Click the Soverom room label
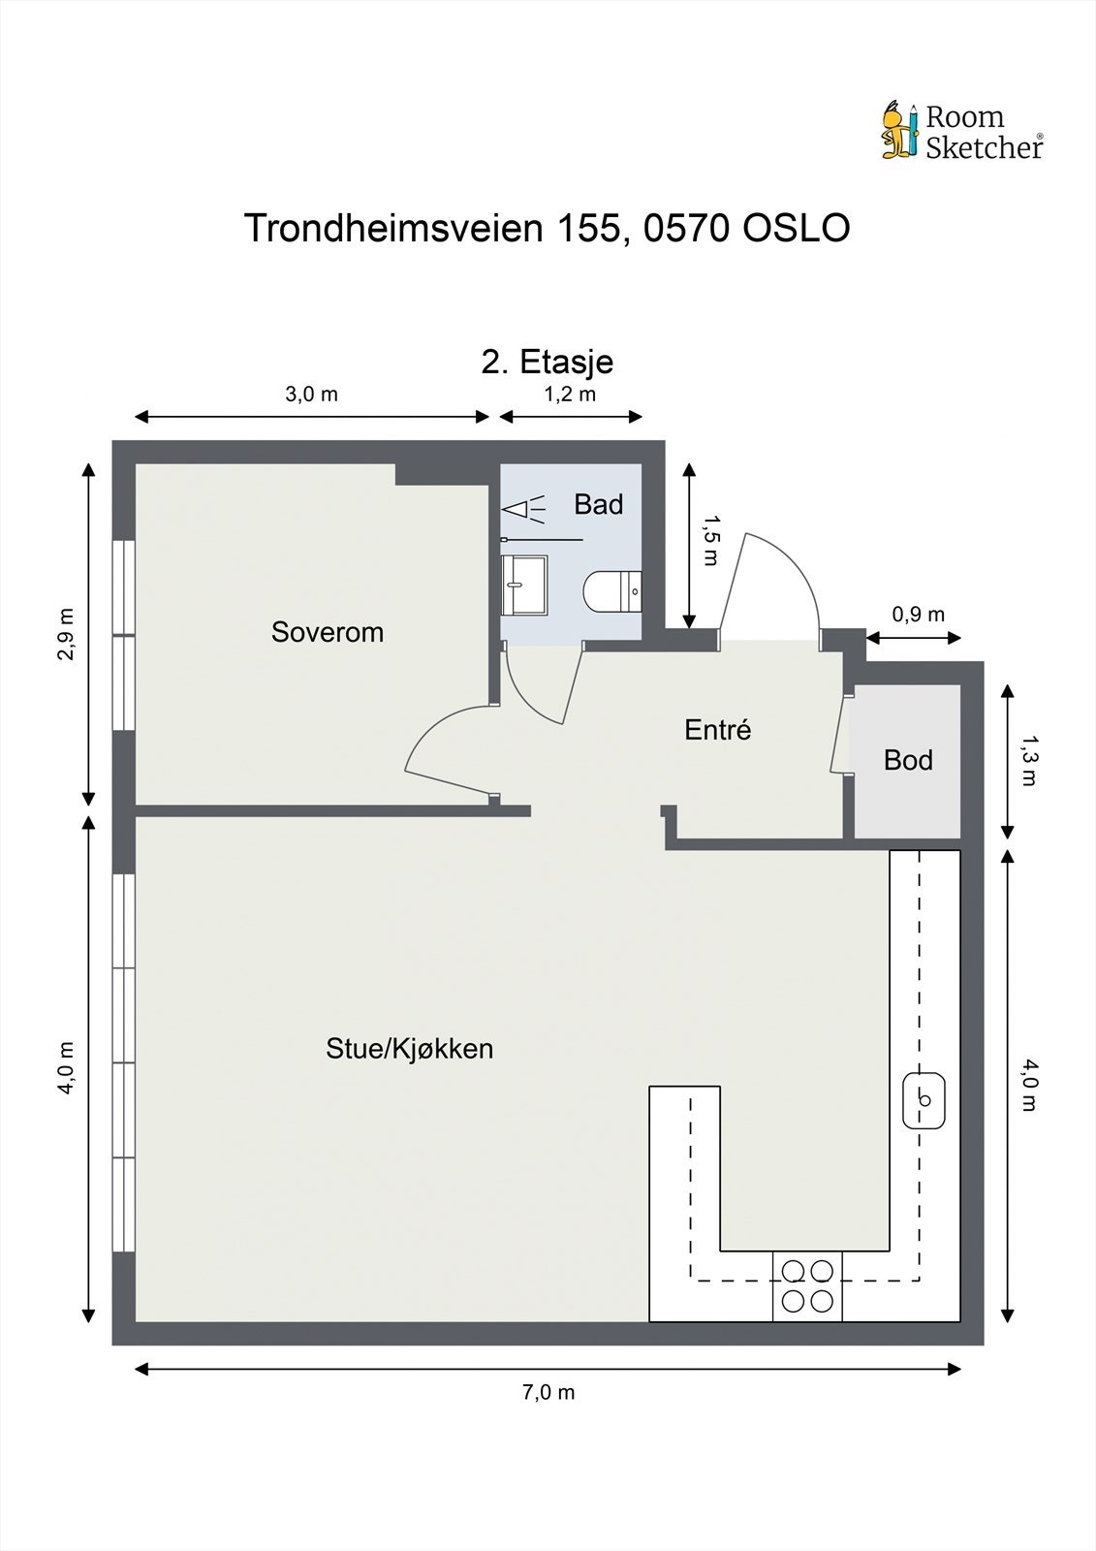click(x=327, y=632)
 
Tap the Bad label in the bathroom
click(x=598, y=504)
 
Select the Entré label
click(x=717, y=730)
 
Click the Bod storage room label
click(x=908, y=760)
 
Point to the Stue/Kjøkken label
click(x=409, y=1048)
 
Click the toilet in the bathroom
click(x=612, y=591)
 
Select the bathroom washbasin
click(x=524, y=585)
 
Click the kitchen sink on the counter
click(x=924, y=1100)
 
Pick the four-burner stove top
click(x=807, y=1285)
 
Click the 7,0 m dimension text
click(x=548, y=1393)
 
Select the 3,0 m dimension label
click(x=311, y=394)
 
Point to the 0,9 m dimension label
click(x=918, y=615)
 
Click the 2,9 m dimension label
click(x=66, y=635)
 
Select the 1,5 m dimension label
click(x=710, y=541)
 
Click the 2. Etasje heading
click(x=548, y=362)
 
